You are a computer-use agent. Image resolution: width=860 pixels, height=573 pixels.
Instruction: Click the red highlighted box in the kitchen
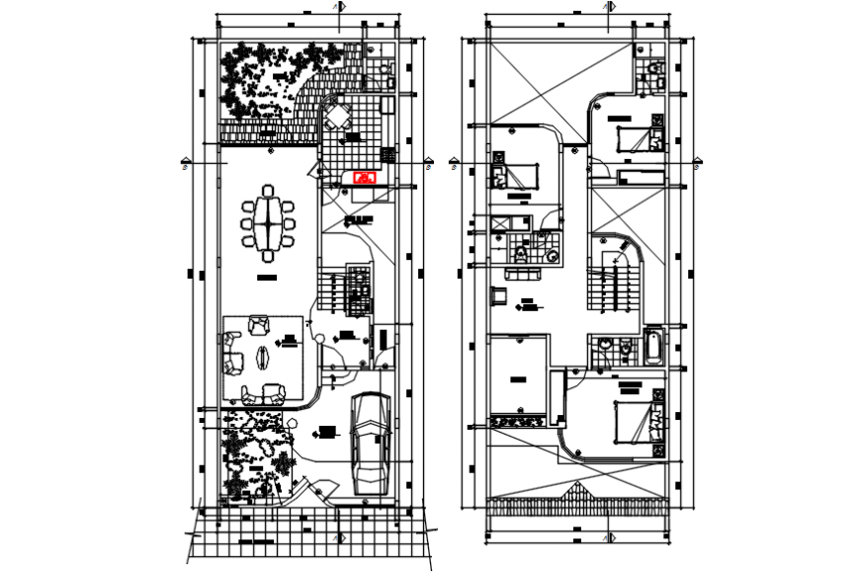(x=365, y=177)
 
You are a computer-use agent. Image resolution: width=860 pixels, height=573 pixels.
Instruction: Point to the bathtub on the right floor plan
(x=654, y=347)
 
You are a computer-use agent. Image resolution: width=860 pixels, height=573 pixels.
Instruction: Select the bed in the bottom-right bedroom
(x=638, y=422)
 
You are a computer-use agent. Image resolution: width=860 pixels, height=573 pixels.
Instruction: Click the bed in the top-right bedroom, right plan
(x=637, y=136)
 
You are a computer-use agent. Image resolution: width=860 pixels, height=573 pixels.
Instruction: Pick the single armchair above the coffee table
(x=260, y=322)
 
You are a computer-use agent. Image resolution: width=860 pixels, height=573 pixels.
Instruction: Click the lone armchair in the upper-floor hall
(x=500, y=293)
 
